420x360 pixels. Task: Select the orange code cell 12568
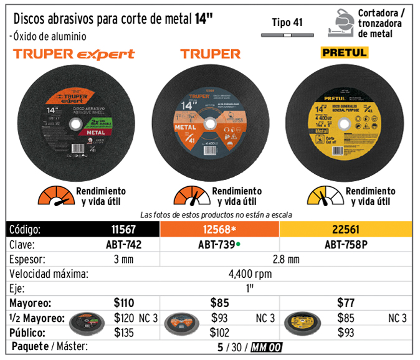pyautogui.click(x=220, y=229)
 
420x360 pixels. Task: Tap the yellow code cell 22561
pyautogui.click(x=345, y=229)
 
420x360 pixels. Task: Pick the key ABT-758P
pyautogui.click(x=345, y=244)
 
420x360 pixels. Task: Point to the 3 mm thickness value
pyautogui.click(x=123, y=258)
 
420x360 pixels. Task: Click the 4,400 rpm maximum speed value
pyautogui.click(x=251, y=273)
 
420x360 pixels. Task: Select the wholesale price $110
pyautogui.click(x=124, y=303)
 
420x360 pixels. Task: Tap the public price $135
pyautogui.click(x=124, y=333)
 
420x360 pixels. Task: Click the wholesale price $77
pyautogui.click(x=345, y=303)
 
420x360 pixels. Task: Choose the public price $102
pyautogui.click(x=220, y=333)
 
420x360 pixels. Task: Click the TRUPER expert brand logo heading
pyautogui.click(x=74, y=54)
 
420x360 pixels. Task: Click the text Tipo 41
pyautogui.click(x=287, y=23)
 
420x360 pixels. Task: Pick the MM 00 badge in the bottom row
pyautogui.click(x=267, y=347)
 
